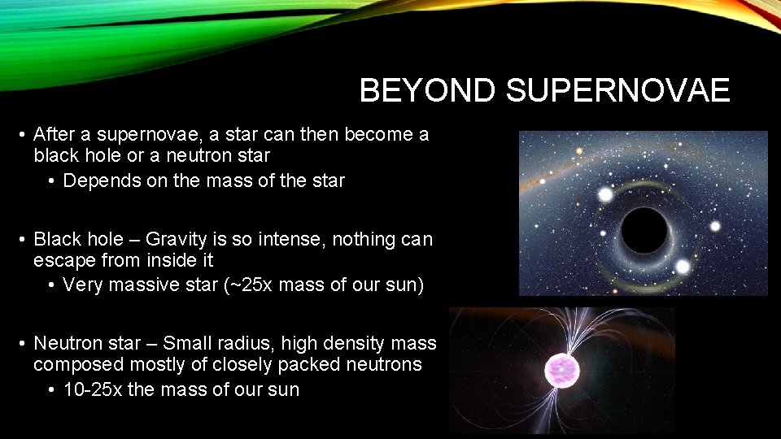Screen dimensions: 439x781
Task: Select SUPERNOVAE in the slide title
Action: click(x=617, y=91)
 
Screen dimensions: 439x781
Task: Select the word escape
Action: click(x=61, y=261)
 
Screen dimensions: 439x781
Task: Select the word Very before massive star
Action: click(x=83, y=285)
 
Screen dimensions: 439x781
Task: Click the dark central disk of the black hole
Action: click(x=645, y=230)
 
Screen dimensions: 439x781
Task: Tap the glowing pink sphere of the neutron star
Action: click(x=560, y=367)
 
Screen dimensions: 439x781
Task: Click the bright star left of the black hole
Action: click(x=605, y=195)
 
